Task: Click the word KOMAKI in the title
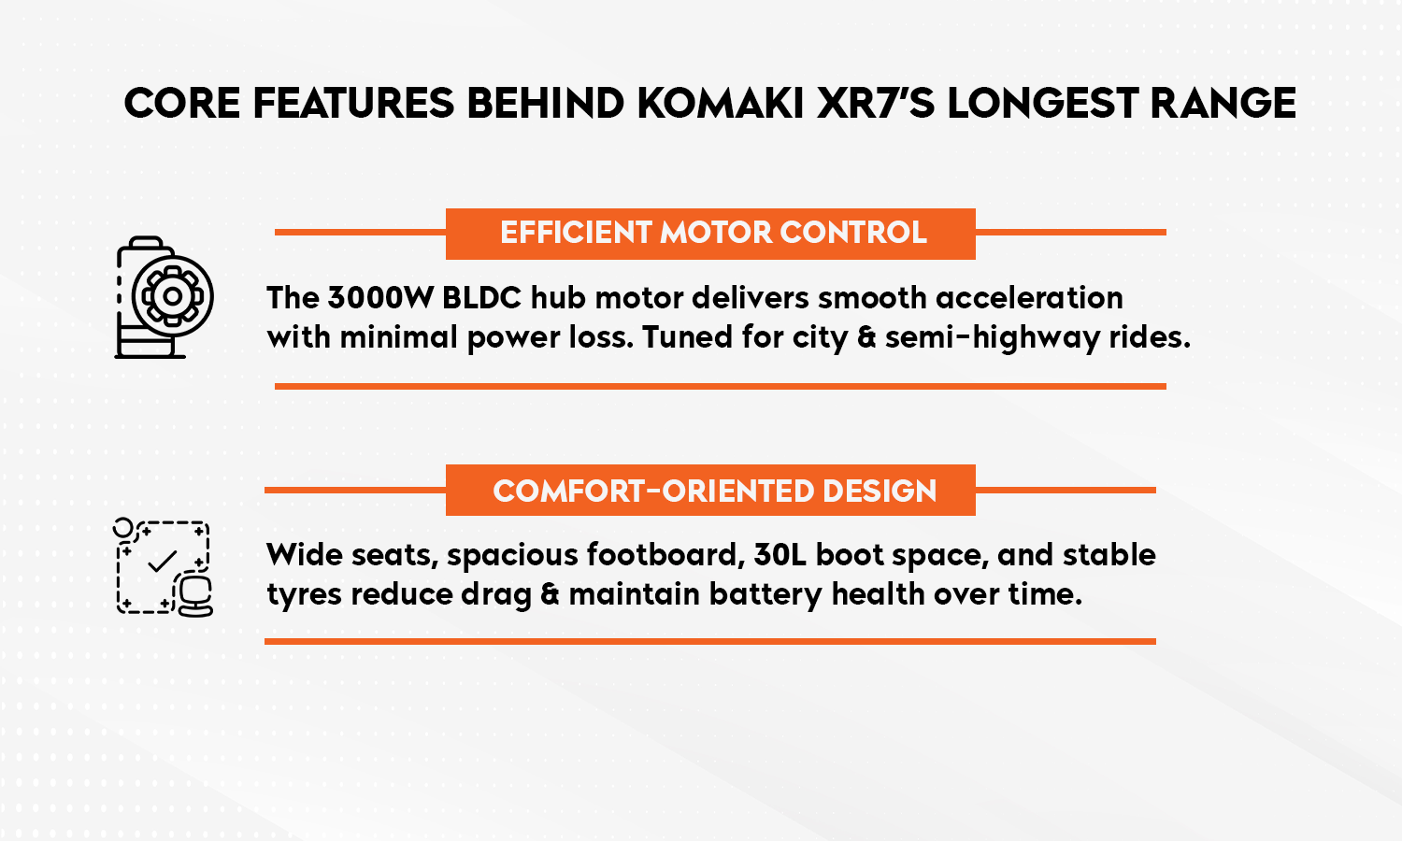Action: [720, 104]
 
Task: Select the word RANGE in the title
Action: [1223, 104]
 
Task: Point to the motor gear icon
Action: [165, 297]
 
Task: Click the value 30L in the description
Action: [780, 555]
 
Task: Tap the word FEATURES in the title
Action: [353, 104]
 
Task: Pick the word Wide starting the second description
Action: [300, 555]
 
